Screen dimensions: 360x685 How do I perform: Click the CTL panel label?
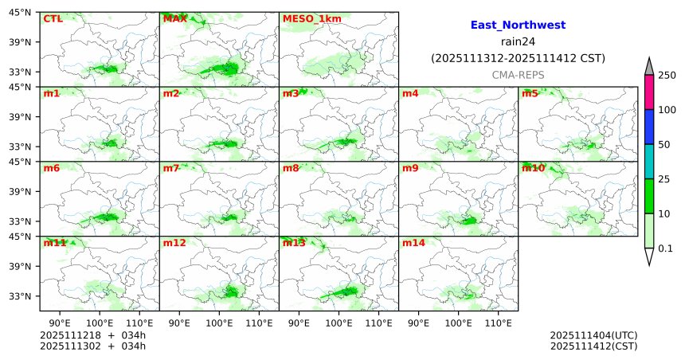[x=52, y=18]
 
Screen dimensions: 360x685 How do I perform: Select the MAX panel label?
[x=174, y=18]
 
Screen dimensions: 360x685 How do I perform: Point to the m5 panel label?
[x=530, y=93]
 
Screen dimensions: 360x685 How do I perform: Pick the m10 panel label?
[x=533, y=168]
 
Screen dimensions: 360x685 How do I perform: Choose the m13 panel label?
[x=294, y=243]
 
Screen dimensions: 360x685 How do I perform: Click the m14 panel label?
[x=413, y=243]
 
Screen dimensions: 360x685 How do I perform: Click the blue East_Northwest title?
[x=518, y=25]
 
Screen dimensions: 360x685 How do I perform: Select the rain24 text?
[x=518, y=41]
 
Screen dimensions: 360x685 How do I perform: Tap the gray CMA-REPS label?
[x=518, y=74]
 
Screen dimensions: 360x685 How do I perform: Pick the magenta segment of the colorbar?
[x=649, y=92]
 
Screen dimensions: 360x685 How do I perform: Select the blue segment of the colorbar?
[x=649, y=127]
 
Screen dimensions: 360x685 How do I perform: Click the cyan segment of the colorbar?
[x=649, y=162]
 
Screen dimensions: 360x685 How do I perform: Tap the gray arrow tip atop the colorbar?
[x=649, y=65]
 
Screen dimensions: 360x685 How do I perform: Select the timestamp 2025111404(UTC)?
[x=593, y=335]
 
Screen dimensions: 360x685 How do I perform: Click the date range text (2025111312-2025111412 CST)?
[x=518, y=58]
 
